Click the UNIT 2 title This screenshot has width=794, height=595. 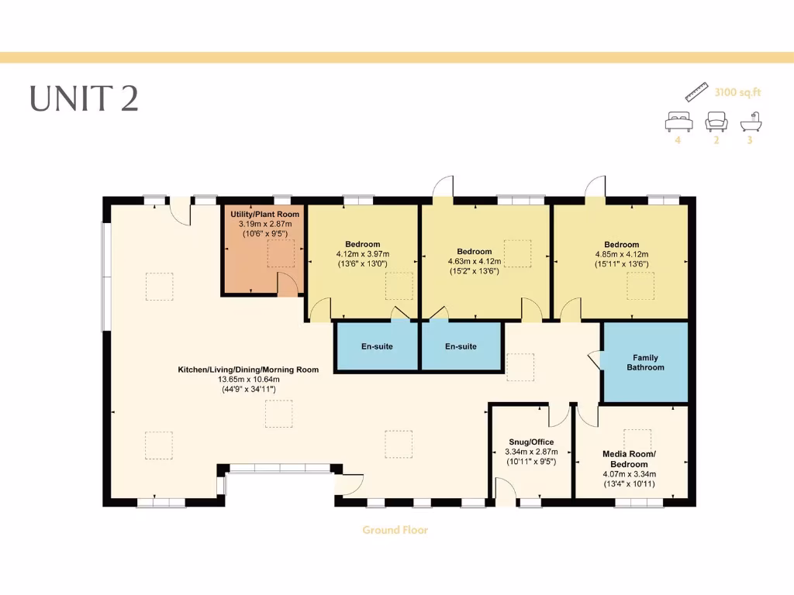(84, 98)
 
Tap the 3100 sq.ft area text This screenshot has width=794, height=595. (737, 92)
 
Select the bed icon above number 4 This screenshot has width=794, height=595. (678, 121)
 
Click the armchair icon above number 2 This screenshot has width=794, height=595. (716, 121)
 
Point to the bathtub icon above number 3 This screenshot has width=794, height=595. (750, 122)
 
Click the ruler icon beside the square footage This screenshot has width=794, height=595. (698, 91)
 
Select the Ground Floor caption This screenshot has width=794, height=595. (395, 531)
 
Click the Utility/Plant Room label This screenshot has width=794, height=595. (264, 214)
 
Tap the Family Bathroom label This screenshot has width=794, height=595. (645, 363)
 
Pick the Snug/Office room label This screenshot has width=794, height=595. (530, 442)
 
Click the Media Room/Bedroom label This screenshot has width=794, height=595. (629, 459)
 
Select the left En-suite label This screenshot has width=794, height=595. (377, 346)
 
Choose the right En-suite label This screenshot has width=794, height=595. (461, 346)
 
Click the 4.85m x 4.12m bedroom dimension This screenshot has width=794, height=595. (622, 254)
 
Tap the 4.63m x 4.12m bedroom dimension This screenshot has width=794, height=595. (474, 261)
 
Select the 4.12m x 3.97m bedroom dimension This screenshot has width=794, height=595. (362, 254)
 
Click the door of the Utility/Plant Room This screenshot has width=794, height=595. (287, 284)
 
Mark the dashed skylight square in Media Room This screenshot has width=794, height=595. (637, 439)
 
